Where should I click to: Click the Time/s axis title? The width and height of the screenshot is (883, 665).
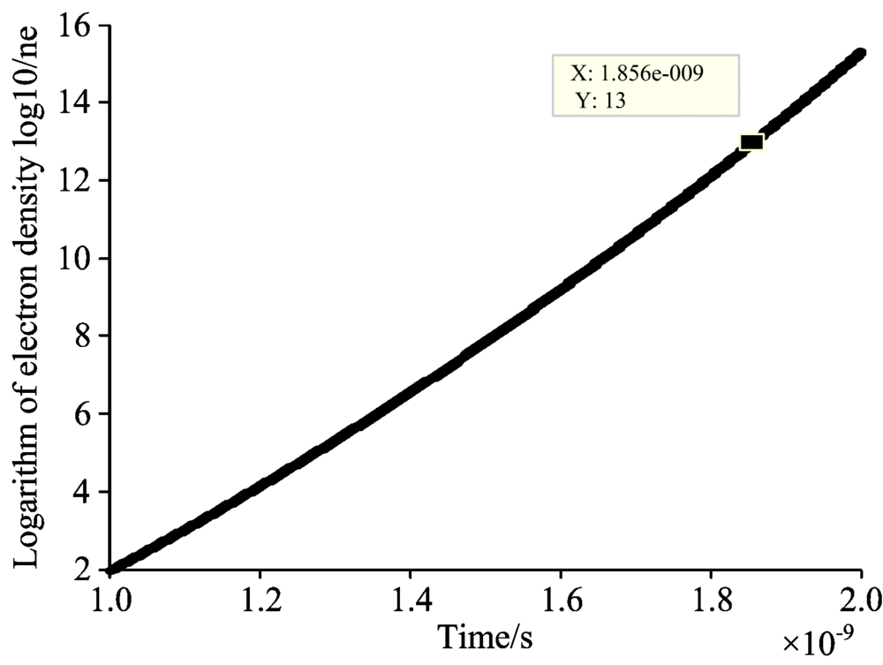click(485, 637)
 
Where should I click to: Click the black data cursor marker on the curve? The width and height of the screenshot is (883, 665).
click(751, 142)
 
